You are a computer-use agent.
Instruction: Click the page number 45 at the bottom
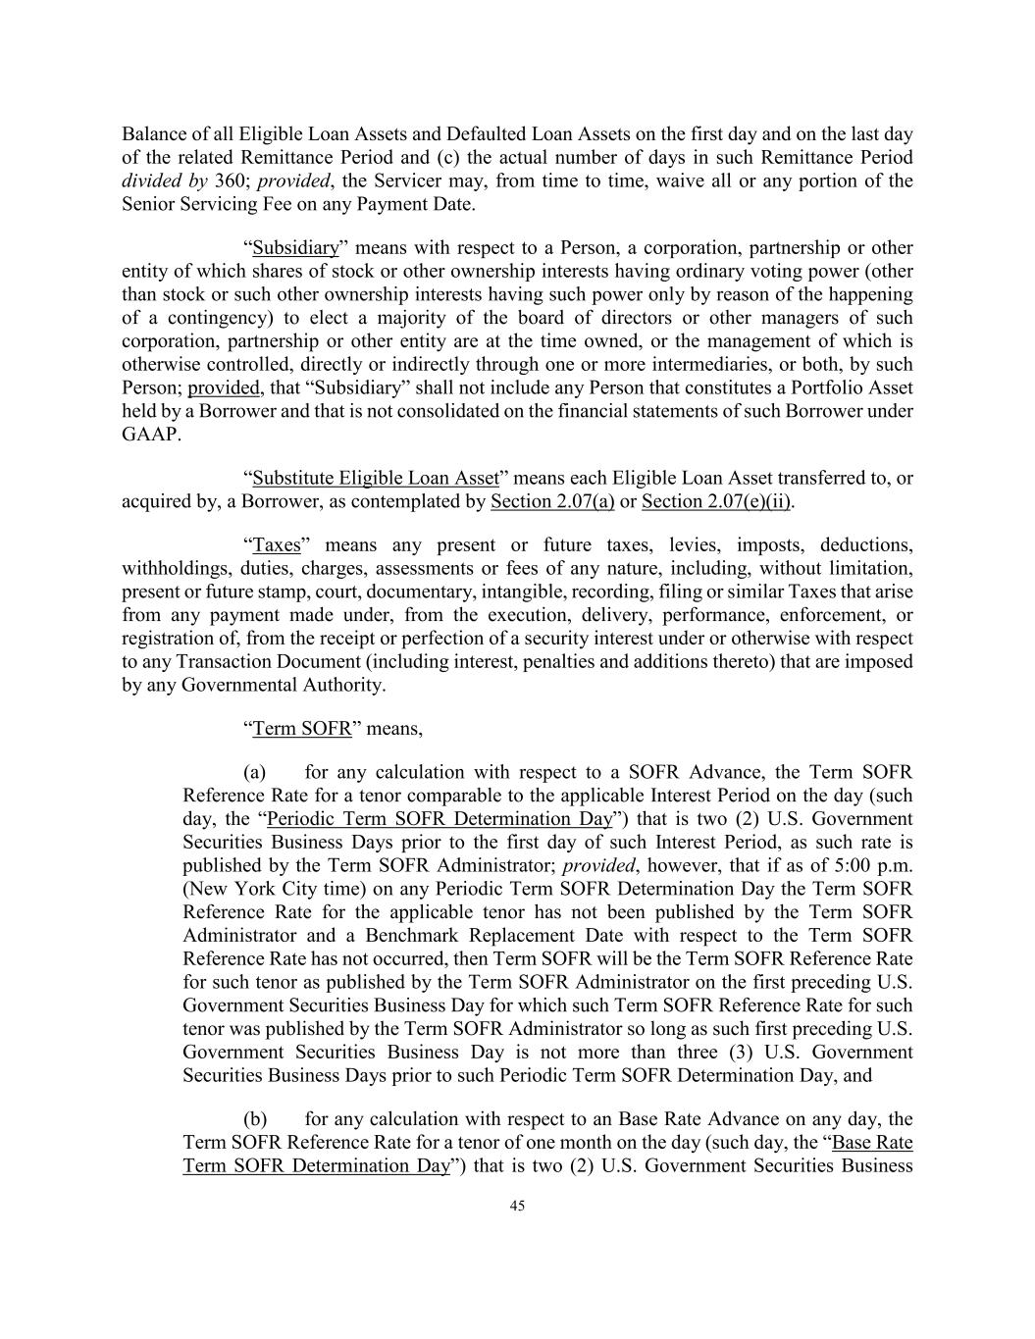(x=517, y=1207)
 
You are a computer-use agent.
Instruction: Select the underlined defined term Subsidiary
(x=295, y=248)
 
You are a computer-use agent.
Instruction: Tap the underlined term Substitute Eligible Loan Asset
(x=376, y=479)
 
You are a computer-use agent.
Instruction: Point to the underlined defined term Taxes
(x=277, y=545)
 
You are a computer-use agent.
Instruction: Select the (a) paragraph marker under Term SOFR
(x=254, y=773)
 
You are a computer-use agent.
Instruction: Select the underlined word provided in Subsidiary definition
(x=224, y=388)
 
